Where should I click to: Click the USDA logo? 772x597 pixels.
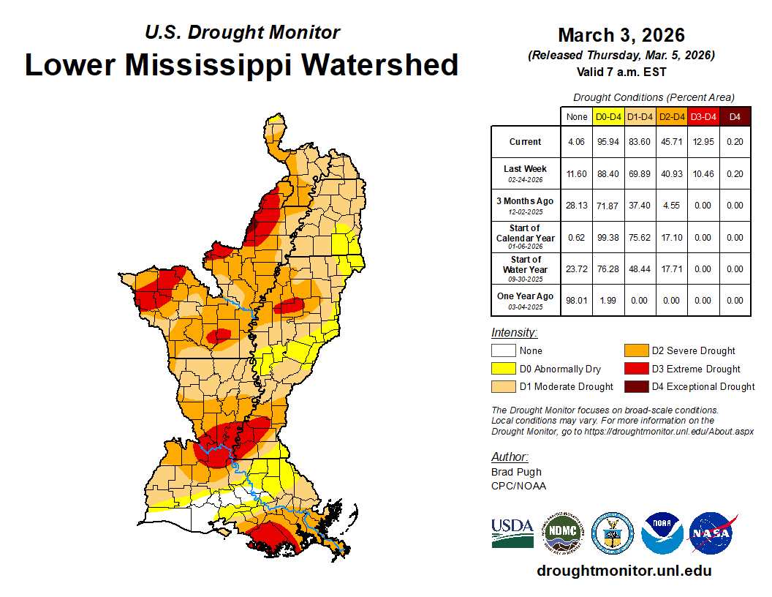coord(512,533)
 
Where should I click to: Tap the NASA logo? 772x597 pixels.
coord(712,533)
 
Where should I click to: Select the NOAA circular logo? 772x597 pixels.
coord(662,533)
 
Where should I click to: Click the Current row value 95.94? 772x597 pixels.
coord(608,142)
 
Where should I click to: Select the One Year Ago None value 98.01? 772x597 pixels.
coord(577,300)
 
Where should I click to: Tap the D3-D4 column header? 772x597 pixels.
coord(703,116)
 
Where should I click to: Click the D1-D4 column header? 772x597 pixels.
coord(640,116)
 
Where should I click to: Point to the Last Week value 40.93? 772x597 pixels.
coord(672,173)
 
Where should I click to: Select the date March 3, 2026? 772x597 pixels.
coord(621,35)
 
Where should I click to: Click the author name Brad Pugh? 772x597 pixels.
coord(516,472)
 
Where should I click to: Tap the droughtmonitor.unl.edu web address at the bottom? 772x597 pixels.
coord(624,571)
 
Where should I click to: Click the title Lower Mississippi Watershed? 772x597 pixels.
coord(241,64)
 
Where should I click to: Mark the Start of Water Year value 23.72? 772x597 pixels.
coord(577,269)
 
